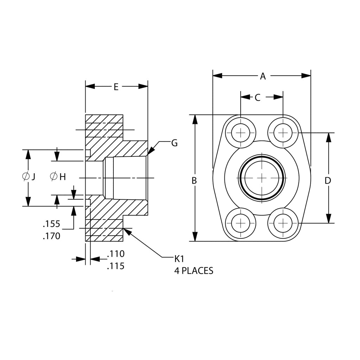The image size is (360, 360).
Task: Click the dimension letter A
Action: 262,76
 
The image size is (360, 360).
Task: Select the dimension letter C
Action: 257,98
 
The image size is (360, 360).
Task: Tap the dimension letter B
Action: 194,181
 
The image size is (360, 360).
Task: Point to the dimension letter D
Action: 328,181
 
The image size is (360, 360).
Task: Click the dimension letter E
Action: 116,87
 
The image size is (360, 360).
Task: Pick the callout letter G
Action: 174,143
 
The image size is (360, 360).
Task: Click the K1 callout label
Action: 179,259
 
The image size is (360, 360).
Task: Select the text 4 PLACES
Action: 194,271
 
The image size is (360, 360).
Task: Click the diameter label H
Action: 58,176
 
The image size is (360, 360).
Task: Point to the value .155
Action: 51,224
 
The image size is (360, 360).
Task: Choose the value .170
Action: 51,236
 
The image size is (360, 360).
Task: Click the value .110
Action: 116,254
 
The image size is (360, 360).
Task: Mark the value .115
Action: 116,266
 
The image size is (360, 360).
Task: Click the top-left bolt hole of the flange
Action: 241,133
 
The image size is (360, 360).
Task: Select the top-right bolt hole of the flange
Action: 283,133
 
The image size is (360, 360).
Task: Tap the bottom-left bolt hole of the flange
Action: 241,223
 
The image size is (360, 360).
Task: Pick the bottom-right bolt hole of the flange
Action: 283,223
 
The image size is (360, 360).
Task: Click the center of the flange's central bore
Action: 262,178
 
